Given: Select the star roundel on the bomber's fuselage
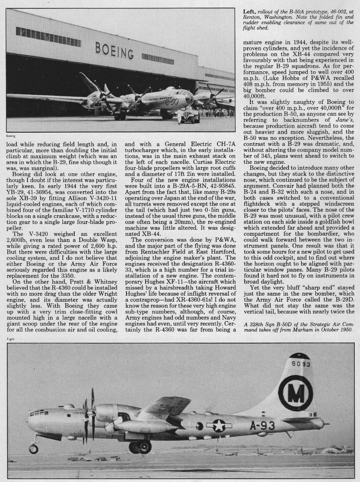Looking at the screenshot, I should click(219, 425).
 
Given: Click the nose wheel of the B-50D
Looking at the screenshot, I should click(33, 449).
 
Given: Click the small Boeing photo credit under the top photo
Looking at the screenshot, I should click(11, 135).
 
